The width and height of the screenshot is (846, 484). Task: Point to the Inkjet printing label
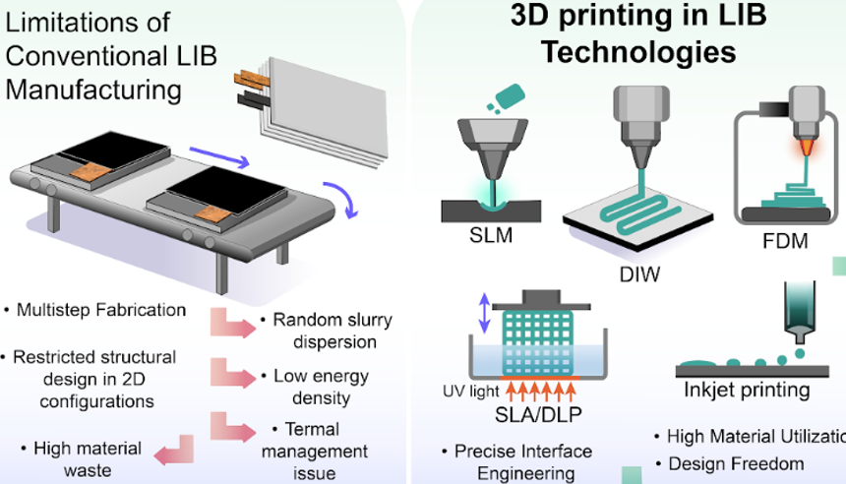point(748,391)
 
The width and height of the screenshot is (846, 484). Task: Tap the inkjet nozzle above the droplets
point(799,309)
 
